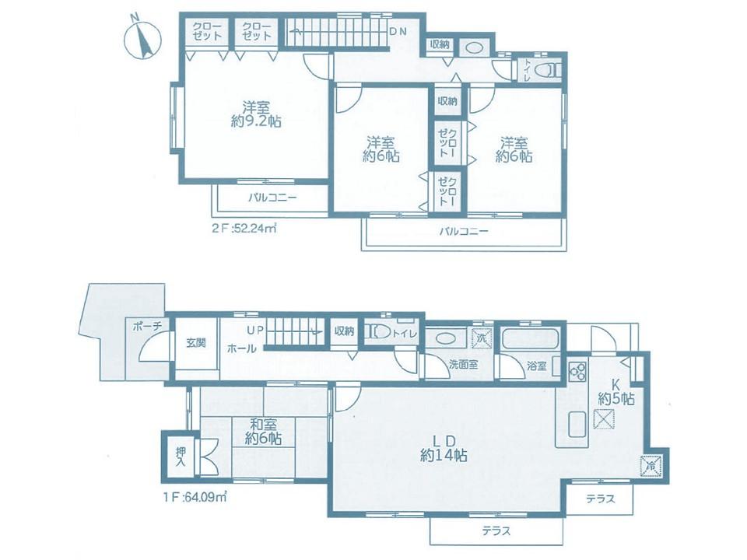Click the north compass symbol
[142, 40]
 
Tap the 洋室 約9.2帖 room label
[256, 114]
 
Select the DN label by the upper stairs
[398, 31]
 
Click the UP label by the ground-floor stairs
[255, 329]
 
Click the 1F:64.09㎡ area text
[194, 498]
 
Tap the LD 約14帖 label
[444, 448]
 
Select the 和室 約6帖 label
[263, 431]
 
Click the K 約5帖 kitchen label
[616, 392]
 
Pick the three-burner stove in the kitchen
[578, 371]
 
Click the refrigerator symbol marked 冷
[651, 465]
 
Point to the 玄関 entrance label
[196, 342]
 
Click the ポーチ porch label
[148, 326]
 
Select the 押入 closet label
[180, 457]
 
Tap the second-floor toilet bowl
[546, 71]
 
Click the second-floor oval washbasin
[474, 48]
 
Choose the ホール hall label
[241, 348]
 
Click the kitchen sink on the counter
[578, 424]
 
